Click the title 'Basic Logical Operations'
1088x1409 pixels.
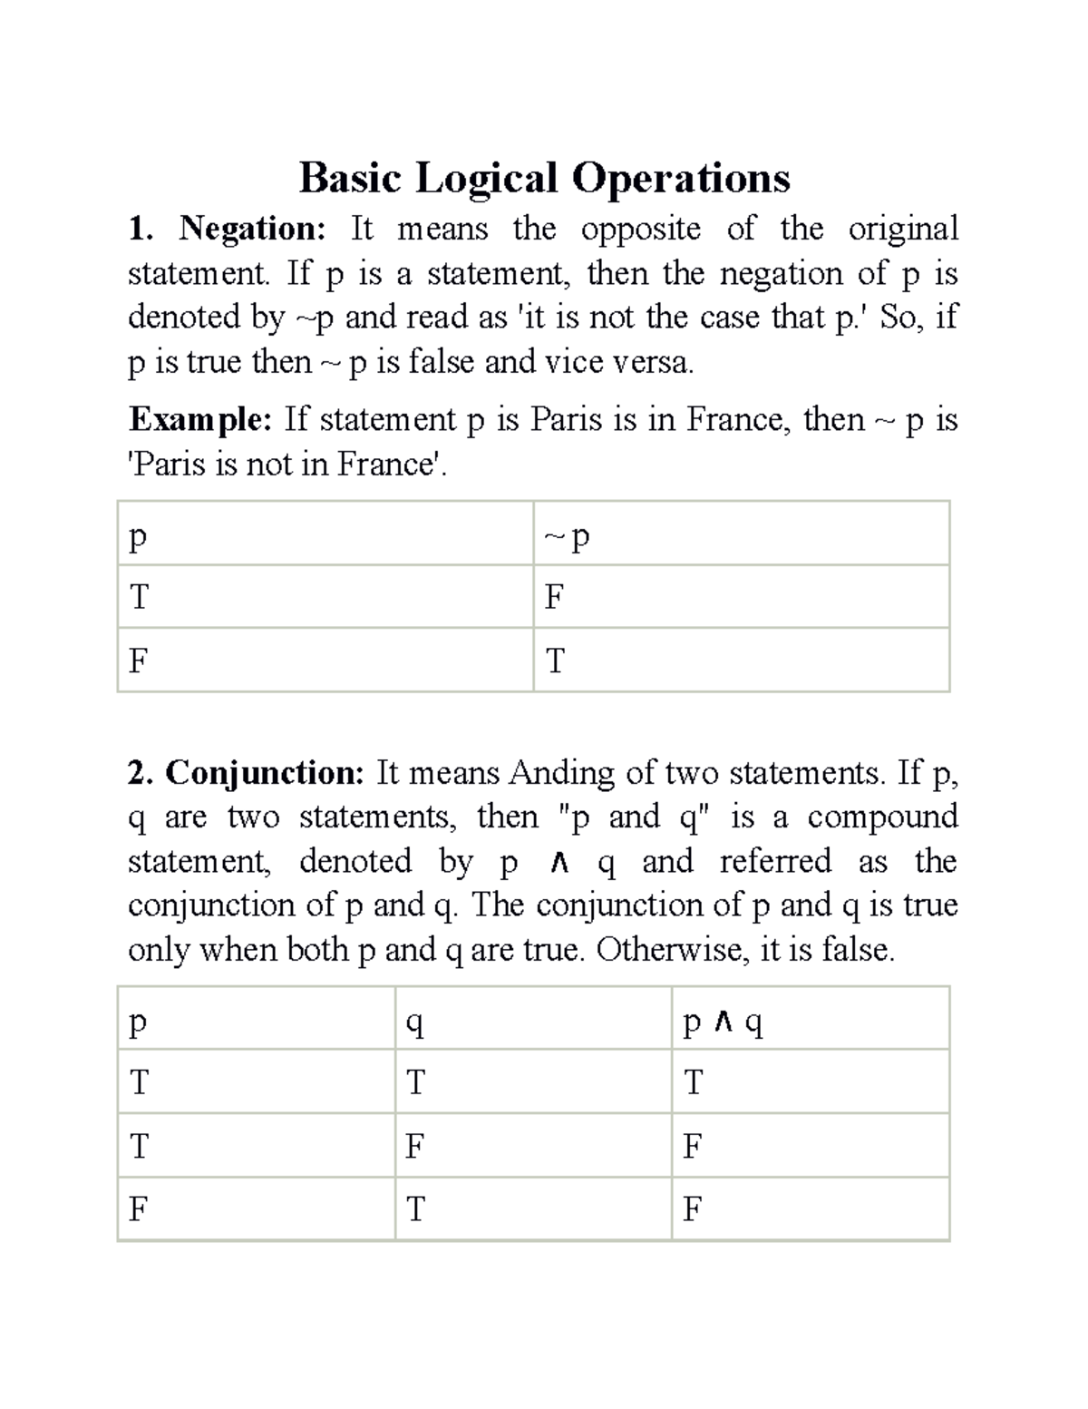tap(544, 178)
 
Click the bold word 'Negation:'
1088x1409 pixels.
tap(251, 229)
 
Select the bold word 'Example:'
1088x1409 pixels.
tap(199, 420)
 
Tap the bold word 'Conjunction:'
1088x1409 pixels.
tap(264, 773)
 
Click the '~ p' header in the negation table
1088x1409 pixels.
tap(567, 537)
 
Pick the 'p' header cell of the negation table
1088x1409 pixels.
tap(137, 537)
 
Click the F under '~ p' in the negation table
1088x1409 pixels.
tap(554, 598)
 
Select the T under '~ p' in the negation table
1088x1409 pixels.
tap(555, 661)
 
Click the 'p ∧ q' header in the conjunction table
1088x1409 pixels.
tap(723, 1023)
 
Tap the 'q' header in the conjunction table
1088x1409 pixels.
tap(414, 1023)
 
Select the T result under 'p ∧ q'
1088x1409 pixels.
tap(693, 1082)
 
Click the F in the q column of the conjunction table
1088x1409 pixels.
tap(414, 1147)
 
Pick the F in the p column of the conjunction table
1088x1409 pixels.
tap(138, 1209)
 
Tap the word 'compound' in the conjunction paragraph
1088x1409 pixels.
tap(882, 817)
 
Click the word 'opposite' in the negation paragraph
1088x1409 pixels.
tap(640, 229)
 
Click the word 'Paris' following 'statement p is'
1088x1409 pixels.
tap(567, 420)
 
